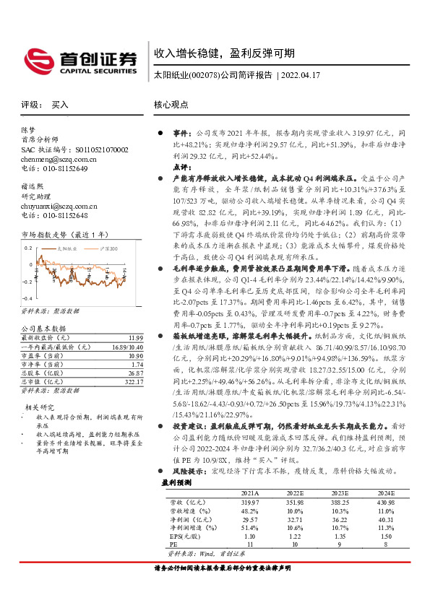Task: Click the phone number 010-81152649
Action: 61,168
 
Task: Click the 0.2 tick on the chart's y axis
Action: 28,247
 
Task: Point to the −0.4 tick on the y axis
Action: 27,298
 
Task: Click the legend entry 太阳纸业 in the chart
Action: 69,248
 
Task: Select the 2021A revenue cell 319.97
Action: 249,501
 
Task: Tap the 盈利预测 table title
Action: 176,482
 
